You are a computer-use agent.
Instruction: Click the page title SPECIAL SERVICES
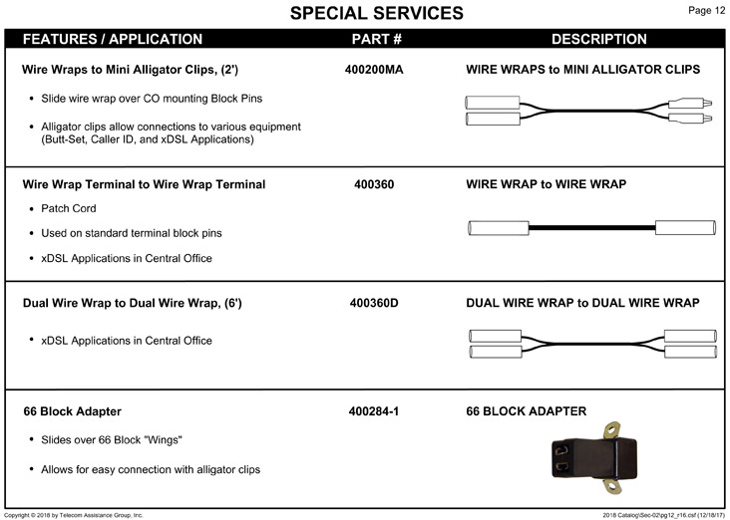pyautogui.click(x=377, y=13)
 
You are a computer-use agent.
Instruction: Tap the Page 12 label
pyautogui.click(x=706, y=10)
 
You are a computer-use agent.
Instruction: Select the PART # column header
pyautogui.click(x=377, y=39)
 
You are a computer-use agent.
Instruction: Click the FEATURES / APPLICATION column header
pyautogui.click(x=113, y=39)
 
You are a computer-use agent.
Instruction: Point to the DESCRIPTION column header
pyautogui.click(x=599, y=39)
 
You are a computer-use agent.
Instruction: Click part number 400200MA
pyautogui.click(x=374, y=70)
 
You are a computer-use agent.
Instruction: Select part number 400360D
pyautogui.click(x=374, y=303)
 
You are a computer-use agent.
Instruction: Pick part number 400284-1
pyautogui.click(x=373, y=411)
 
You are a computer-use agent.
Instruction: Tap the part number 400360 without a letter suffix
pyautogui.click(x=374, y=184)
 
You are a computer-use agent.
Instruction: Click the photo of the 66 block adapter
pyautogui.click(x=594, y=457)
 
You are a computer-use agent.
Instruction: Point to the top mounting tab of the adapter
pyautogui.click(x=612, y=430)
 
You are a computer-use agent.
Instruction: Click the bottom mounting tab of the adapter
pyautogui.click(x=612, y=486)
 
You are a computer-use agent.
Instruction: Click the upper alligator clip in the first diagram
pyautogui.click(x=690, y=103)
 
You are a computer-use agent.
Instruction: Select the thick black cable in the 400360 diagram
pyautogui.click(x=591, y=228)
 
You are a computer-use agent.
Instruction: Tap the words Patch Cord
pyautogui.click(x=69, y=208)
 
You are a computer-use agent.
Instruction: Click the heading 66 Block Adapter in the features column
pyautogui.click(x=72, y=411)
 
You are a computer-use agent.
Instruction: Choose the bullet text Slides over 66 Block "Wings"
pyautogui.click(x=112, y=440)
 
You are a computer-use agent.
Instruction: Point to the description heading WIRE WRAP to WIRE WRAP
pyautogui.click(x=546, y=184)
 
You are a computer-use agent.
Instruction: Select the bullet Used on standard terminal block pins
pyautogui.click(x=132, y=233)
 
